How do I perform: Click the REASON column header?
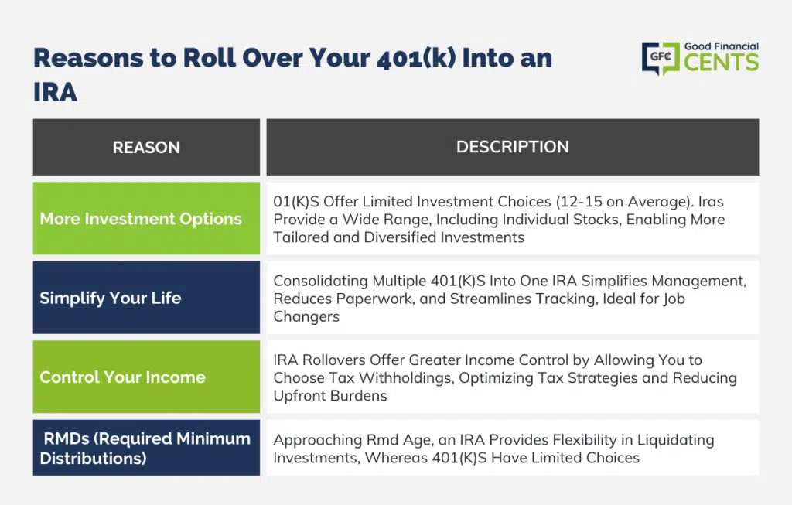[x=146, y=147]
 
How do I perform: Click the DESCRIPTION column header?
[x=513, y=147]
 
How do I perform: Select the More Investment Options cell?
[x=146, y=219]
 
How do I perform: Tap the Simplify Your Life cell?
[x=146, y=298]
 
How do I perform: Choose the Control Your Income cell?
[x=146, y=377]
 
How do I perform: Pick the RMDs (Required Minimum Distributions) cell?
[x=146, y=448]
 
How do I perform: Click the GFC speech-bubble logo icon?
[x=661, y=58]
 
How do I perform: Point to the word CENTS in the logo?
[x=722, y=62]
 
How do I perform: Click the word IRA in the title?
[x=55, y=92]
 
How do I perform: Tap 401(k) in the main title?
[x=416, y=57]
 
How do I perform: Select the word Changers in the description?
[x=306, y=316]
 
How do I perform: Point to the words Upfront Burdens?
[x=330, y=395]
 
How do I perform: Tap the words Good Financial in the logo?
[x=722, y=46]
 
